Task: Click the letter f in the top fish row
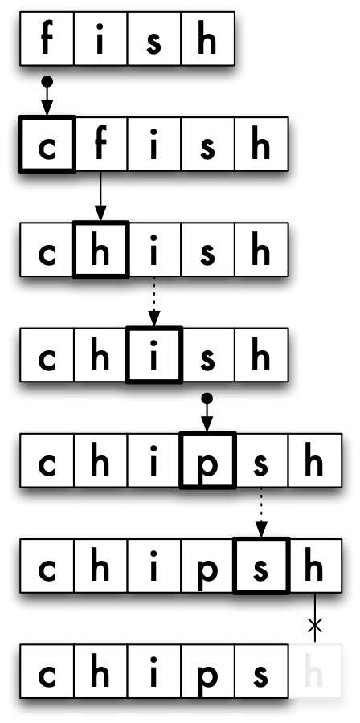pos(47,39)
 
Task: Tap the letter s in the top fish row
pos(154,43)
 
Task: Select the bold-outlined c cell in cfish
pos(47,145)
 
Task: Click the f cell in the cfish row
pos(100,145)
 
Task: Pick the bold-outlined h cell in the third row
pos(100,250)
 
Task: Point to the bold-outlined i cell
pos(154,355)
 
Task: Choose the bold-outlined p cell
pos(207,460)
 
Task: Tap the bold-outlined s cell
pos(261,566)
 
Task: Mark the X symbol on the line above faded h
pos(315,625)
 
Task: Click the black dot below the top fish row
pos(47,82)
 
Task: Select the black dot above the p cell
pos(207,398)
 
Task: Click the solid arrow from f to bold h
pos(100,196)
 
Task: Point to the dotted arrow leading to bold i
pos(154,301)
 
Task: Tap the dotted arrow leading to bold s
pos(261,513)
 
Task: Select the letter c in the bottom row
pos(47,675)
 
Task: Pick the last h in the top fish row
pos(207,39)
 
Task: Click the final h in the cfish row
pos(261,145)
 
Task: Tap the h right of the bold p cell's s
pos(313,460)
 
